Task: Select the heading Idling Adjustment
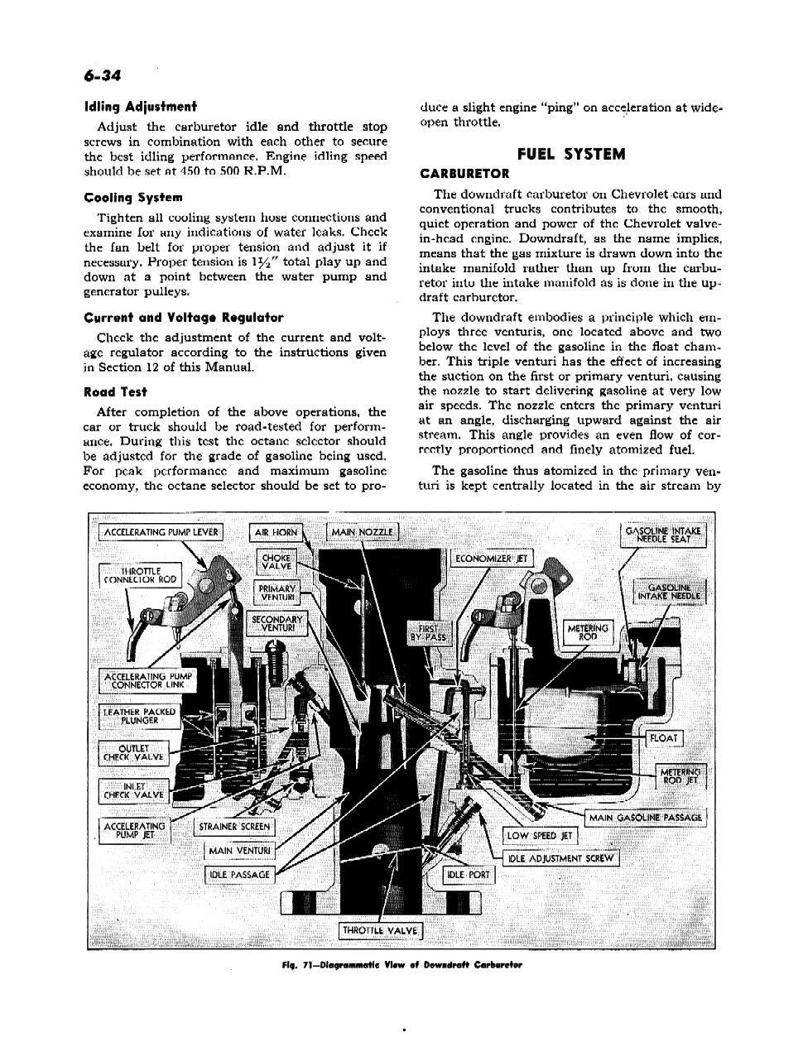point(140,107)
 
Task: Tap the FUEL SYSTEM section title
point(571,155)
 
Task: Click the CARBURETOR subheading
point(464,174)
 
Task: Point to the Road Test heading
point(116,392)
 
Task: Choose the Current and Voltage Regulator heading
point(184,317)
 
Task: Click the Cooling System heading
point(133,198)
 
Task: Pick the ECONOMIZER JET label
point(492,559)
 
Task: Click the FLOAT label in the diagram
point(664,738)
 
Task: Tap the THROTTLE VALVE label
point(381,931)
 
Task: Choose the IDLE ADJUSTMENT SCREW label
point(560,858)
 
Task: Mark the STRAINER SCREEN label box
point(234,827)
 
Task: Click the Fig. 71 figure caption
point(401,965)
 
